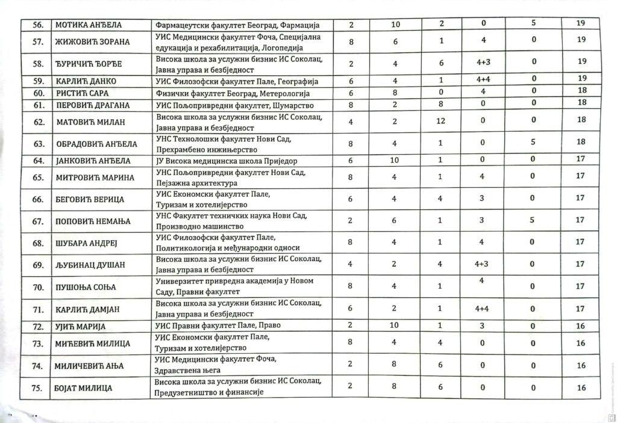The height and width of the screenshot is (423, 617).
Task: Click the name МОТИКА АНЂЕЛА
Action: click(x=89, y=25)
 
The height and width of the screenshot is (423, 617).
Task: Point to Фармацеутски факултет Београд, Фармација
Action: click(x=236, y=25)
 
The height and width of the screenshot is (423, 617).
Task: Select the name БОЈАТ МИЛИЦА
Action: click(x=84, y=388)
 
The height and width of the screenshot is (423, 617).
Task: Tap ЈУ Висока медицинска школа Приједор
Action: click(x=226, y=161)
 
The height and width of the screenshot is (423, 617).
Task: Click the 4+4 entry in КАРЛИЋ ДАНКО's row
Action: click(x=481, y=79)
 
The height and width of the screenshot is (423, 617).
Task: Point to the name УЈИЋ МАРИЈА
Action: click(x=80, y=327)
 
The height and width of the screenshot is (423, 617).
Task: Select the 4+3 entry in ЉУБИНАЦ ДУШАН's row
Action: click(x=481, y=264)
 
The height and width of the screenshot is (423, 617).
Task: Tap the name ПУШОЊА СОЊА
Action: click(x=85, y=287)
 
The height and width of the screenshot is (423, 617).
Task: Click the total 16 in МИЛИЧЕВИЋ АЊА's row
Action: click(x=581, y=365)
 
